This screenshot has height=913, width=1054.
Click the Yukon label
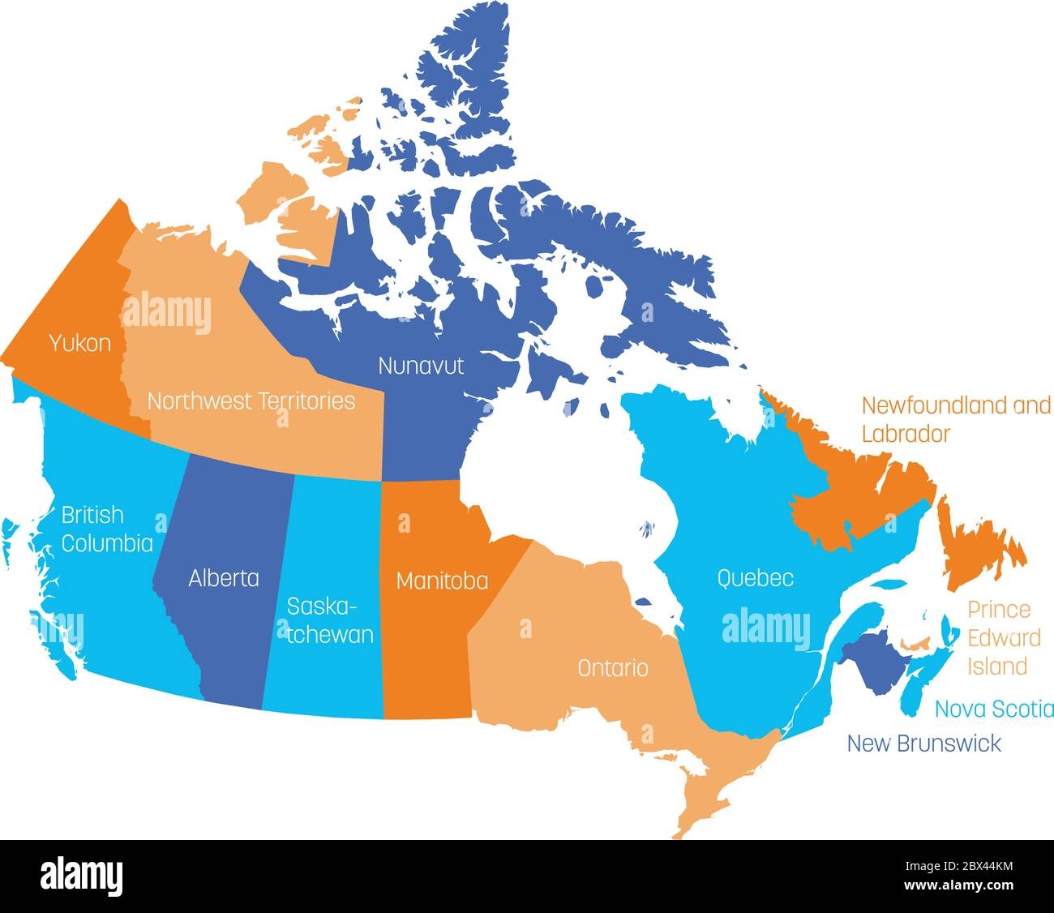click(x=79, y=343)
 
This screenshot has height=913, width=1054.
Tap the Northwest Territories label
click(x=251, y=401)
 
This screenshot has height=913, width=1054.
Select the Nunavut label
click(x=421, y=366)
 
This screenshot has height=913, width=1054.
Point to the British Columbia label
click(x=106, y=529)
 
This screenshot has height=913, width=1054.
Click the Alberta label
click(x=224, y=578)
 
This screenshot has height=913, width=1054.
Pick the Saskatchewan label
click(x=331, y=620)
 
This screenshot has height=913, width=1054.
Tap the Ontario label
click(x=612, y=668)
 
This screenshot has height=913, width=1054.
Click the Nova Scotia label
click(x=994, y=709)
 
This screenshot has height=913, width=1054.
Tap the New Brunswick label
click(x=923, y=743)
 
